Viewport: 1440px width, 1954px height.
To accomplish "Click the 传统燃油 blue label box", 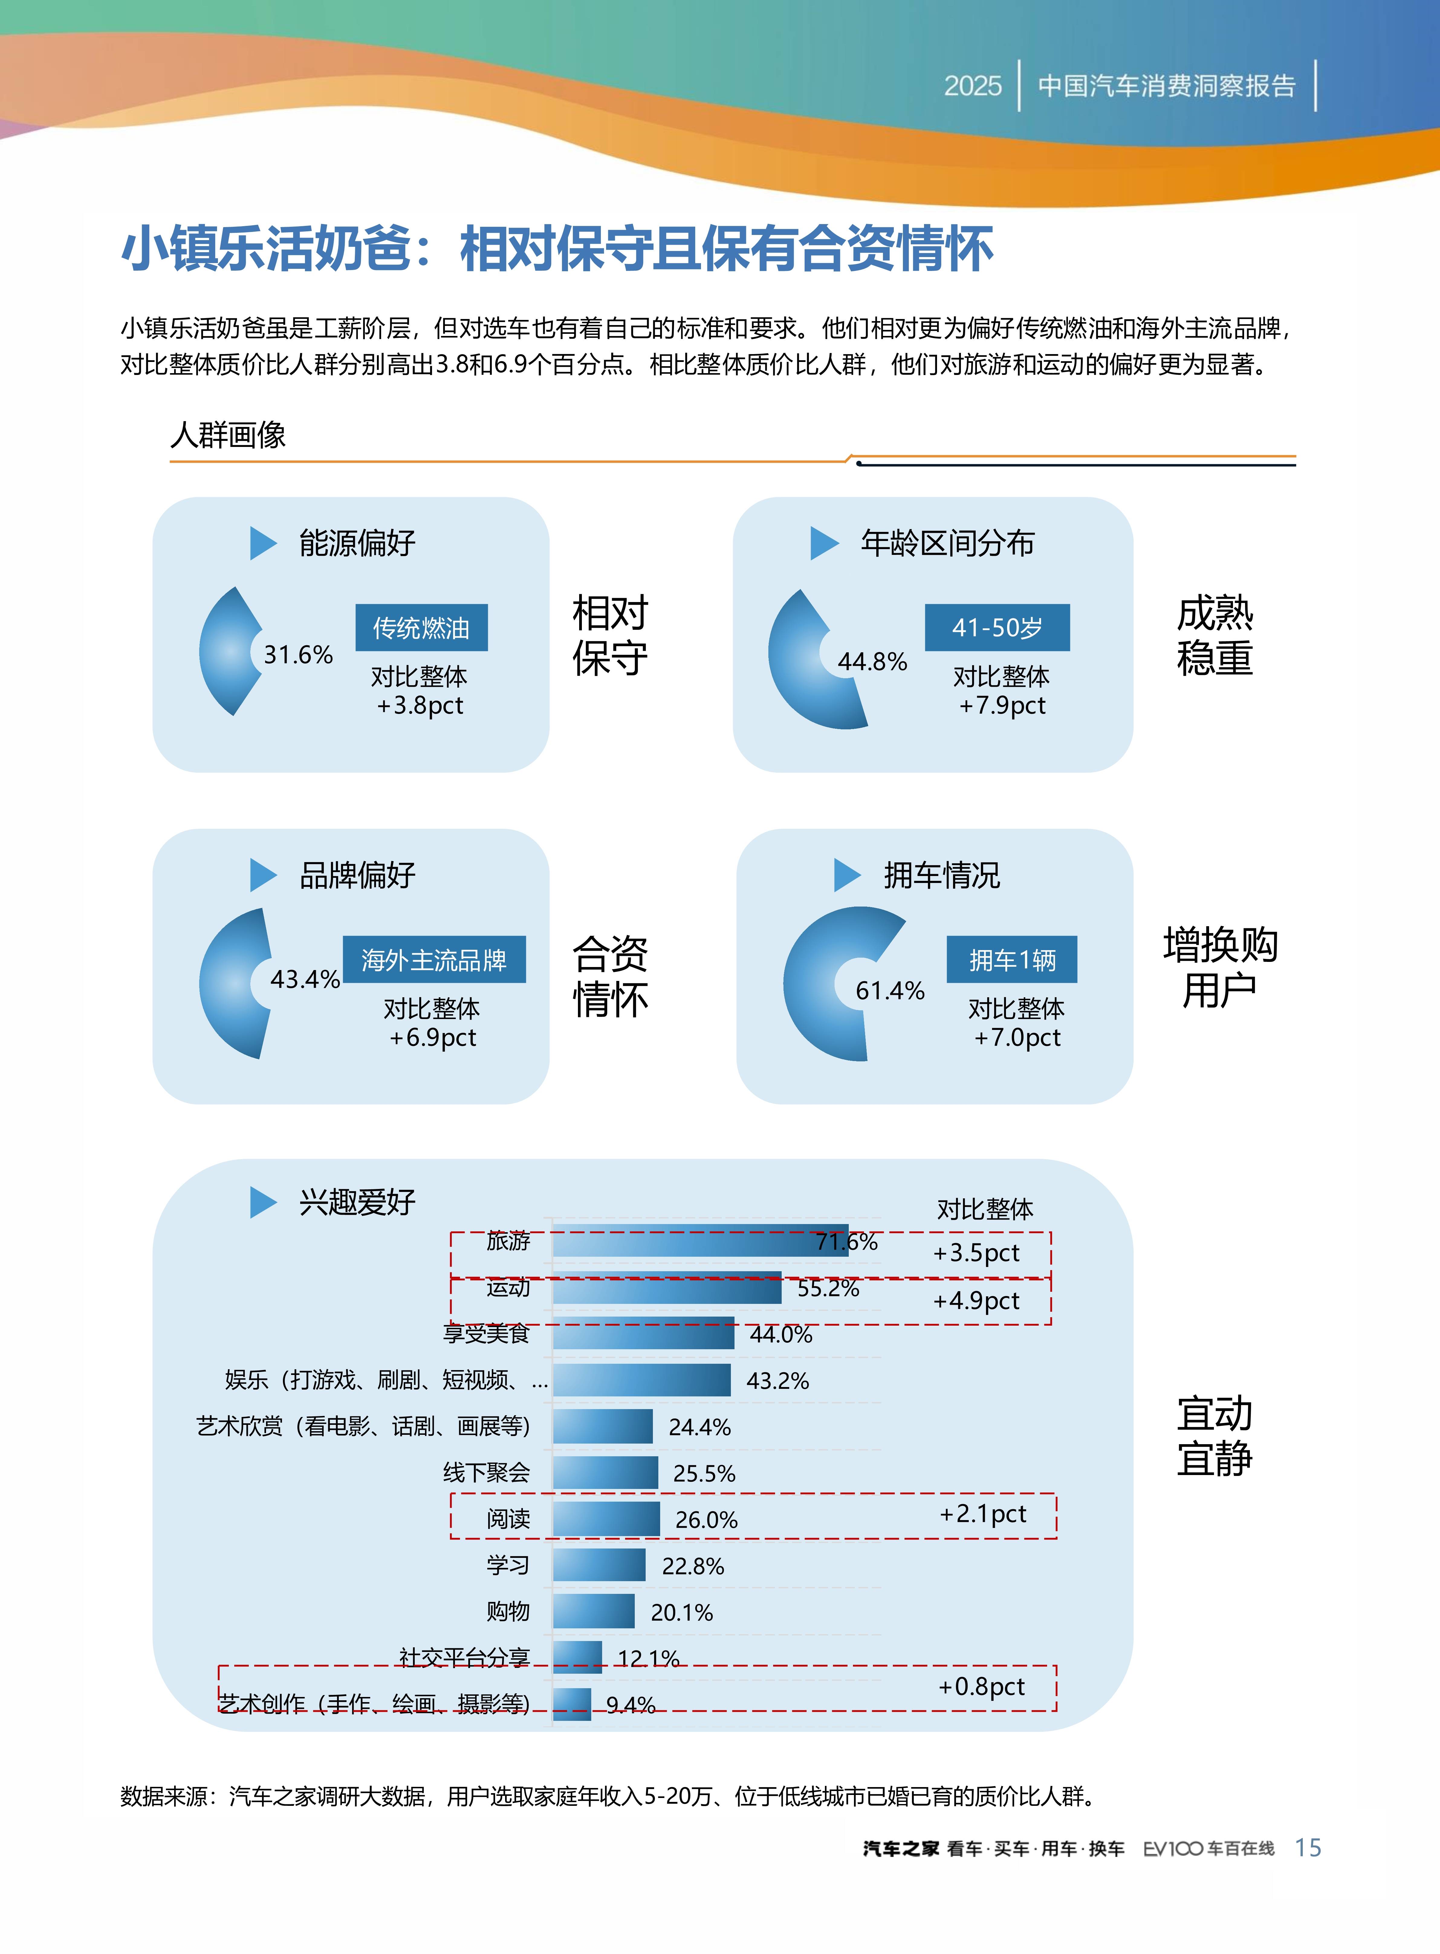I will (x=421, y=628).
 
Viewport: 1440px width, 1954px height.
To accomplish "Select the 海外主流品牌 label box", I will (x=434, y=960).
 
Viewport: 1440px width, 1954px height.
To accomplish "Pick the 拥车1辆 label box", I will (x=1012, y=960).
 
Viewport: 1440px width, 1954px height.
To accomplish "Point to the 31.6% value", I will (x=298, y=655).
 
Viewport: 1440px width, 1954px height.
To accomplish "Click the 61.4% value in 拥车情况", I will (x=889, y=991).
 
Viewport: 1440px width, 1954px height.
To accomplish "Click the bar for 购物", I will (x=594, y=1611).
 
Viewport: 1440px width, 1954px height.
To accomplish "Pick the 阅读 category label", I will (x=508, y=1519).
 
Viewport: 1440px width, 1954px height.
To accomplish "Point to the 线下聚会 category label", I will (x=486, y=1473).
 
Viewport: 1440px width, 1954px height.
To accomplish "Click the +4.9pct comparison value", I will (x=975, y=1301).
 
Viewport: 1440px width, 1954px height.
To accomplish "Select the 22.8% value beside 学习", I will (x=693, y=1566).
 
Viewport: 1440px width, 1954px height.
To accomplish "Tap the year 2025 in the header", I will (x=973, y=86).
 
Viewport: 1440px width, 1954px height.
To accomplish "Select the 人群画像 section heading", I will (x=229, y=434).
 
